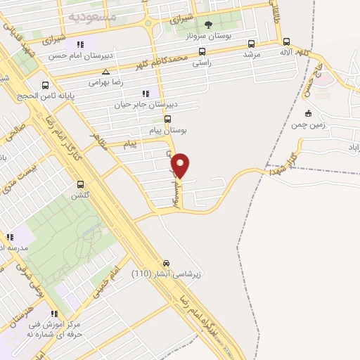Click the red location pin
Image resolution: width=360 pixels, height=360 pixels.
tap(181, 165)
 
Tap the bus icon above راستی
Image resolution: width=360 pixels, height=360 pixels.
tap(202, 51)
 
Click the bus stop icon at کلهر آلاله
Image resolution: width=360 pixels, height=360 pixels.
tap(285, 41)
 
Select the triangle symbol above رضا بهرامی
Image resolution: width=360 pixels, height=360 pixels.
tap(105, 72)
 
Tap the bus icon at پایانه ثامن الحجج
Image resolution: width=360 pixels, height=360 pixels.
tap(46, 85)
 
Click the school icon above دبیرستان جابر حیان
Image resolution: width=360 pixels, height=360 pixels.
tap(146, 93)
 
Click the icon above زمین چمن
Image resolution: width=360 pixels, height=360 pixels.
tap(308, 113)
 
